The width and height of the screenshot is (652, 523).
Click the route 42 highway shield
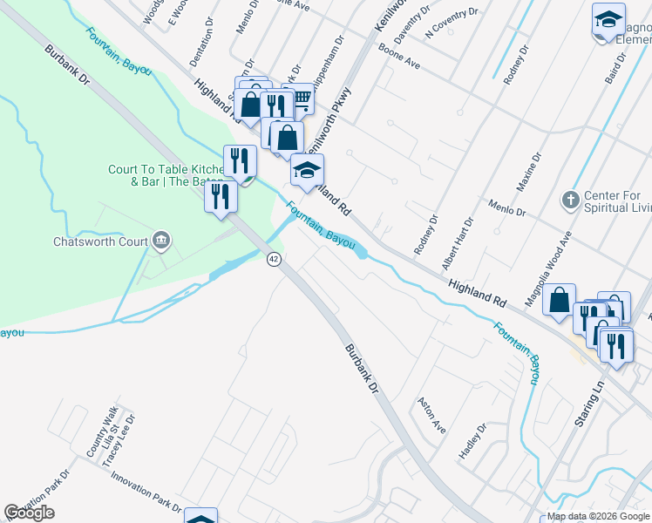274,260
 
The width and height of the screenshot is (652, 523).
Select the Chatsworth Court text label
97,241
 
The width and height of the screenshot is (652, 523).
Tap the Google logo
30,513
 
